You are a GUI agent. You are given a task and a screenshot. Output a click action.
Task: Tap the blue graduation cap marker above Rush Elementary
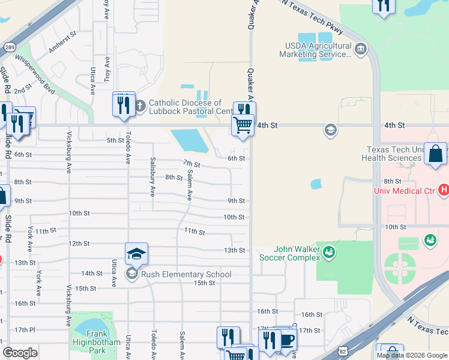point(136,254)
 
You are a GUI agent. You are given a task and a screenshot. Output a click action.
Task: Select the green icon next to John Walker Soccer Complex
point(328,253)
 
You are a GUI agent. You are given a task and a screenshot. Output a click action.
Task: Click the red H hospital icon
point(444,190)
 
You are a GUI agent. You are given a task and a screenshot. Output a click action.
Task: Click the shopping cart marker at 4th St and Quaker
point(243,126)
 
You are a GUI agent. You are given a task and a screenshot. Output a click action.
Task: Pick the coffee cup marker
point(286,340)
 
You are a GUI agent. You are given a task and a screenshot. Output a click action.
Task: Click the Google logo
point(20,353)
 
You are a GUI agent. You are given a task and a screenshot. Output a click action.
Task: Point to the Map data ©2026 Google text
point(411,355)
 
